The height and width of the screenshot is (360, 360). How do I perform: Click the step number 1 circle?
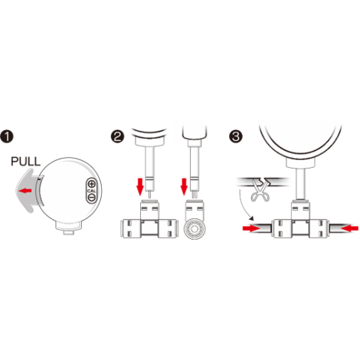coord(7,136)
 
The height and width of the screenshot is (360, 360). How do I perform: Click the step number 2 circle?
coord(117,136)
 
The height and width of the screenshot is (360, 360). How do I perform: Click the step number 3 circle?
coord(236,136)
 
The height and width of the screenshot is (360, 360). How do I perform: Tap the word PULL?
coord(25,162)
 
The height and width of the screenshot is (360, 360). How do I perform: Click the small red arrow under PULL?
coord(25,190)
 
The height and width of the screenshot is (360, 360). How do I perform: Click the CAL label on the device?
coord(91,191)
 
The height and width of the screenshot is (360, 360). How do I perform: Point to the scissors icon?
coord(260,191)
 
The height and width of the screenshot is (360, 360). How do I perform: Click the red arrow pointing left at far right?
coord(349,228)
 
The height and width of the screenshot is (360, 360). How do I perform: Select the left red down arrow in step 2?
coord(140,187)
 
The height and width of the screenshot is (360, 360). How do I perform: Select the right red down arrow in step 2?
coord(184,187)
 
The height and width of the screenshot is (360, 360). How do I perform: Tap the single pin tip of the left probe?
coord(150,195)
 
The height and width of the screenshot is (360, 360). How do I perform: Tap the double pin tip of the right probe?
coord(195,195)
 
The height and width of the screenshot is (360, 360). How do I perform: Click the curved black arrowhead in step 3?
coord(252,218)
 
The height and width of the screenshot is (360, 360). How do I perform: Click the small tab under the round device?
coord(69,233)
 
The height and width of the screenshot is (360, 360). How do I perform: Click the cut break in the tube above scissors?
coord(263,182)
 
